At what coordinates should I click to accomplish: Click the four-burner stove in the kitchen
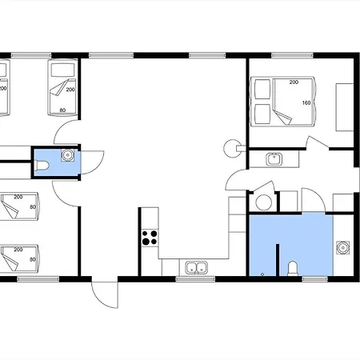tap(150, 238)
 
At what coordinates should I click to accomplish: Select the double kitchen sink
tap(197, 268)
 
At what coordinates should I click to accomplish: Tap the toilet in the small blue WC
tap(42, 166)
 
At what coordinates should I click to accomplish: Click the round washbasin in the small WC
tap(67, 155)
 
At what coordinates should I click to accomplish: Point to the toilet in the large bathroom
tap(293, 269)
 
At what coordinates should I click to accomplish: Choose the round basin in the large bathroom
tap(342, 248)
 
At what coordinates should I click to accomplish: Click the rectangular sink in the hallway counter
tap(274, 159)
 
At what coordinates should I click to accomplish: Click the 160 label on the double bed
tap(306, 102)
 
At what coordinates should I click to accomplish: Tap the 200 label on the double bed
tap(294, 82)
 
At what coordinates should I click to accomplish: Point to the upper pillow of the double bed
tap(262, 89)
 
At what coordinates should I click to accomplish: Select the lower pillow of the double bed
tap(262, 114)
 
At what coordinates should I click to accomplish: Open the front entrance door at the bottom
tap(105, 294)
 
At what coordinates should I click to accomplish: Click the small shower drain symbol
tap(262, 274)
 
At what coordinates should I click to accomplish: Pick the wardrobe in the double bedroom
tap(345, 107)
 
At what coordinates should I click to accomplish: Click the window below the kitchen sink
tap(195, 279)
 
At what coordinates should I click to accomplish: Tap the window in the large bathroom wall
tap(315, 279)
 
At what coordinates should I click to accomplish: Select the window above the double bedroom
tap(293, 55)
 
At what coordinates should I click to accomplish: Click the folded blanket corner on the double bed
tap(282, 117)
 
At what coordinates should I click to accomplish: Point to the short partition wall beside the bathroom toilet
tap(278, 260)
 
